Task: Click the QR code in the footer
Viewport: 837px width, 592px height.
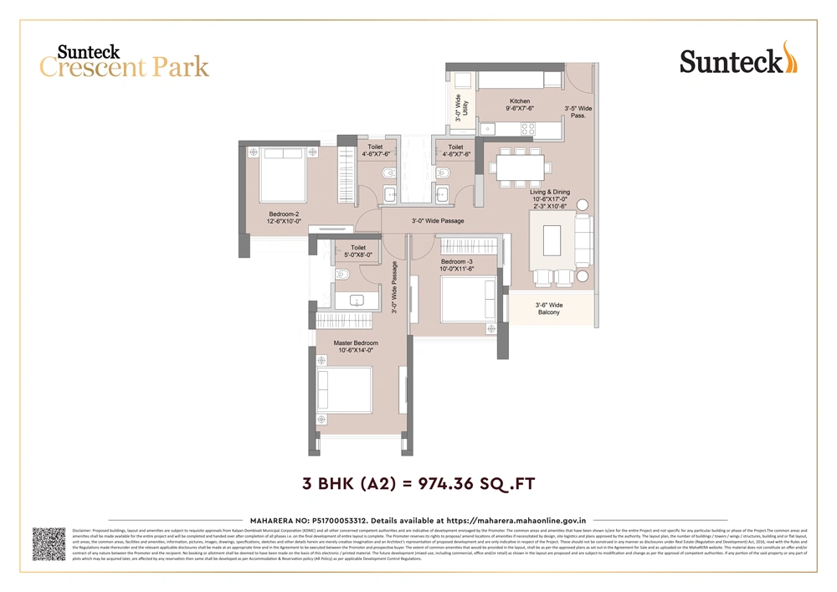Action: coord(49,544)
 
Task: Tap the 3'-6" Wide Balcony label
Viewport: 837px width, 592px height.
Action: coord(549,309)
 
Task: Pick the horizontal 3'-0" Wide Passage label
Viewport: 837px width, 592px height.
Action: coord(438,221)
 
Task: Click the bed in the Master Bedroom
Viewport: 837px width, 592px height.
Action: coord(342,390)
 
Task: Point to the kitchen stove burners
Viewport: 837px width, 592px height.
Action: coord(528,129)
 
